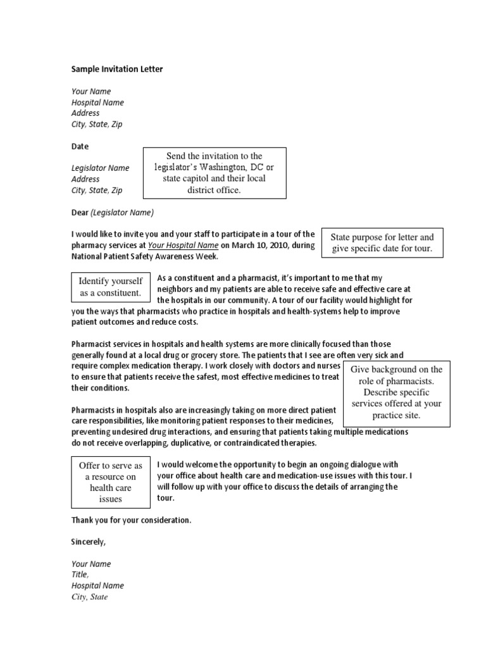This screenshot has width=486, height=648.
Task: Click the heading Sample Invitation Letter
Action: click(x=117, y=69)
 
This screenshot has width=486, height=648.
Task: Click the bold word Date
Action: click(x=80, y=146)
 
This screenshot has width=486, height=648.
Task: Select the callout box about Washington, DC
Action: click(x=214, y=173)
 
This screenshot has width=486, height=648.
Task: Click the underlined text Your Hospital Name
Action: click(x=184, y=246)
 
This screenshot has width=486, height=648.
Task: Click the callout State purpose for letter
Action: click(x=382, y=243)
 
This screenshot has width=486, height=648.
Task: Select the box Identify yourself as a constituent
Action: click(x=110, y=287)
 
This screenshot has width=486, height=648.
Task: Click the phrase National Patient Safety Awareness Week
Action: click(x=144, y=257)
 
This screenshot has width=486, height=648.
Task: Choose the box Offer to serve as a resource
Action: click(x=110, y=482)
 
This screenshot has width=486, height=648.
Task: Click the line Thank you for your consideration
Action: click(x=131, y=520)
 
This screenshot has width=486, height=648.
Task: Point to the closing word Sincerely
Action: click(x=89, y=542)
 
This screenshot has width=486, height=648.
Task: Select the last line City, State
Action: click(x=89, y=597)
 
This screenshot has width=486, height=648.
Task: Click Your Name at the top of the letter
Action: click(x=91, y=91)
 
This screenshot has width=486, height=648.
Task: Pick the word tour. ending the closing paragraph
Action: click(x=165, y=497)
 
